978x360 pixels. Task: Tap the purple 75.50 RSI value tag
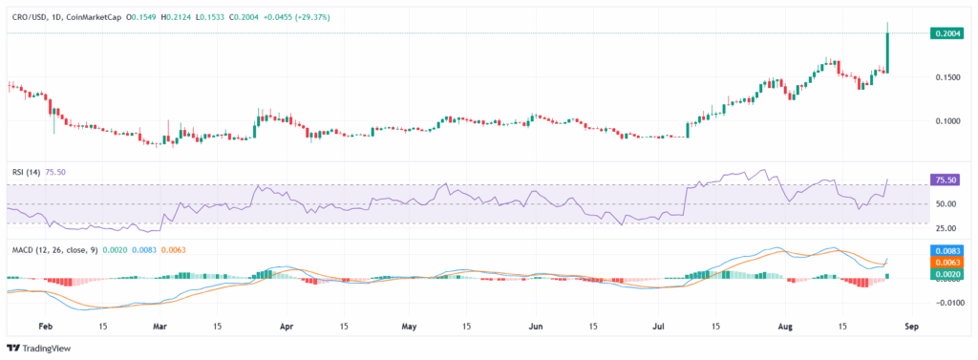(x=946, y=179)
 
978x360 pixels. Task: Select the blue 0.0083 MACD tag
(x=946, y=248)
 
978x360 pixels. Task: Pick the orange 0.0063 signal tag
(x=946, y=262)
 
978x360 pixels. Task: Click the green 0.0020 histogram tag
(x=946, y=274)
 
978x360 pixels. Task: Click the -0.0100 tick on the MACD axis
(x=945, y=303)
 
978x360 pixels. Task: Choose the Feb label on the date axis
(x=45, y=326)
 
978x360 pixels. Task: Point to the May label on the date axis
(x=409, y=326)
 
